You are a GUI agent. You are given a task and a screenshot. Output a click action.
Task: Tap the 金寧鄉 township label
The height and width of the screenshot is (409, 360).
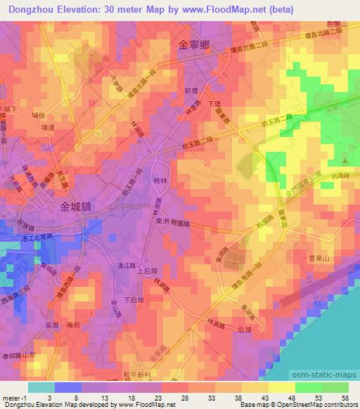195,44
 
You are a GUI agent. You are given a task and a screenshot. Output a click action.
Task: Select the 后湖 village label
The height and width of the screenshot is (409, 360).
245,328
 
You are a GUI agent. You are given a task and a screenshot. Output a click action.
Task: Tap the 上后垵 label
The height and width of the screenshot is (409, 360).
146,271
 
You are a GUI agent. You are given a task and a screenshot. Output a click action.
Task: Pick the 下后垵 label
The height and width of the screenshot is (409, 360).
133,300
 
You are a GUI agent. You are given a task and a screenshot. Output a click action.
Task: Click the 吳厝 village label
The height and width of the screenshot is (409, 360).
50,325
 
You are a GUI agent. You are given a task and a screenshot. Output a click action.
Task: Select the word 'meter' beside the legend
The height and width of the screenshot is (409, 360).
10,398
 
